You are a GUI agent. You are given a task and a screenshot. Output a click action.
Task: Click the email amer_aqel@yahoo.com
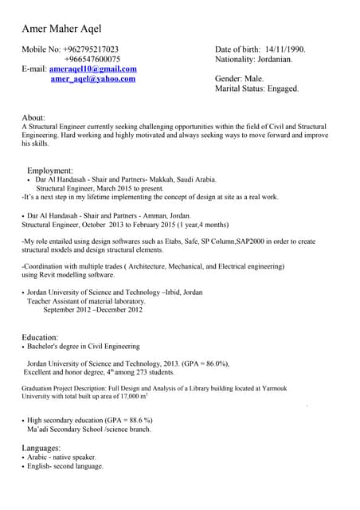[x=92, y=79]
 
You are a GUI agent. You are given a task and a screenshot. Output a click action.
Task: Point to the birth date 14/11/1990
[x=284, y=49]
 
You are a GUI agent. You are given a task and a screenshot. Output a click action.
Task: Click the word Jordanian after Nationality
[x=273, y=59]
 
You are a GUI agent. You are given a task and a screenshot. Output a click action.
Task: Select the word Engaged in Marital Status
[x=282, y=88]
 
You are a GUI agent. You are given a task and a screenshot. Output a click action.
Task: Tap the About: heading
[x=33, y=117]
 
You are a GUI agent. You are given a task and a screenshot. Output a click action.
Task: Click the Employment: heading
[x=50, y=171]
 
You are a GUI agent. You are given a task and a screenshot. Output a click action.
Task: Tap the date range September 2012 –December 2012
[x=92, y=309]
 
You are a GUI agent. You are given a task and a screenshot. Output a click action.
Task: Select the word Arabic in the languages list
[x=37, y=457]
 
